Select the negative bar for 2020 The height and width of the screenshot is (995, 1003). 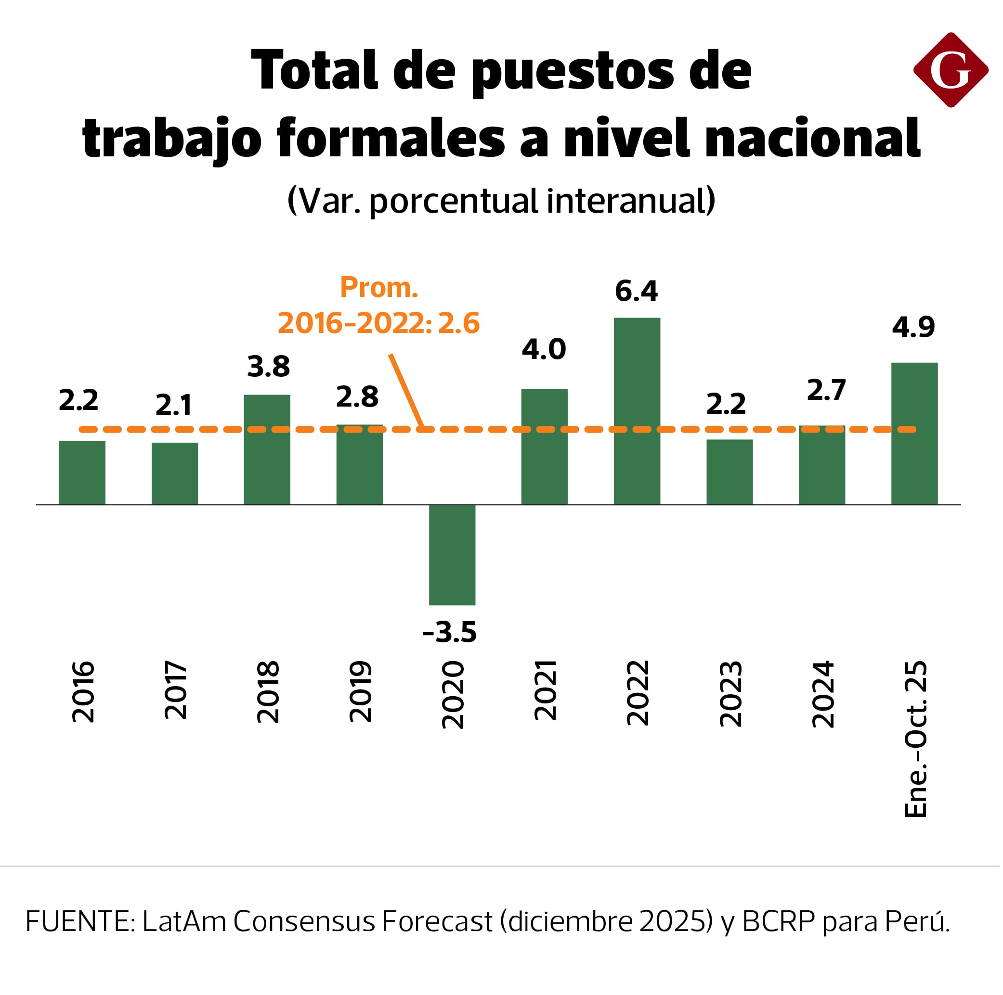452,555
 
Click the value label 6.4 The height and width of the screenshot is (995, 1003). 636,291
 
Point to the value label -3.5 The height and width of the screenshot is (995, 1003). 450,632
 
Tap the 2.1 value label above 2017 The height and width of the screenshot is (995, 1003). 174,405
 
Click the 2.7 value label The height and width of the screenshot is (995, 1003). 826,390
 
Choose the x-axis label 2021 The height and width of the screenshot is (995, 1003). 545,690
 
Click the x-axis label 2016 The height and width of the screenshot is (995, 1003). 83,691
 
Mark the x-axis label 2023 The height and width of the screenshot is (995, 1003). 730,694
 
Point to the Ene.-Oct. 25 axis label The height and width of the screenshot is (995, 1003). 916,739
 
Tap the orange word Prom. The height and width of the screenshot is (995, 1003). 379,287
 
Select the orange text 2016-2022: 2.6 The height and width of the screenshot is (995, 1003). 378,323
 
